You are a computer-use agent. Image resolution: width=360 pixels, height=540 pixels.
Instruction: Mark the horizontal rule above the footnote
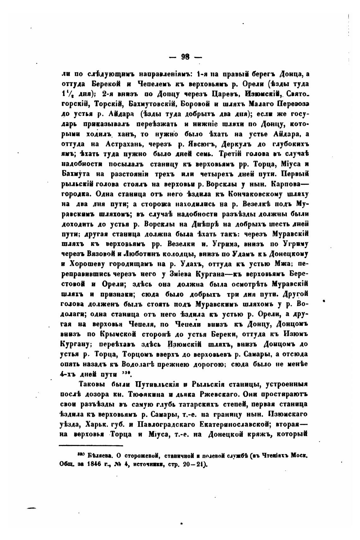[x=91, y=446]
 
